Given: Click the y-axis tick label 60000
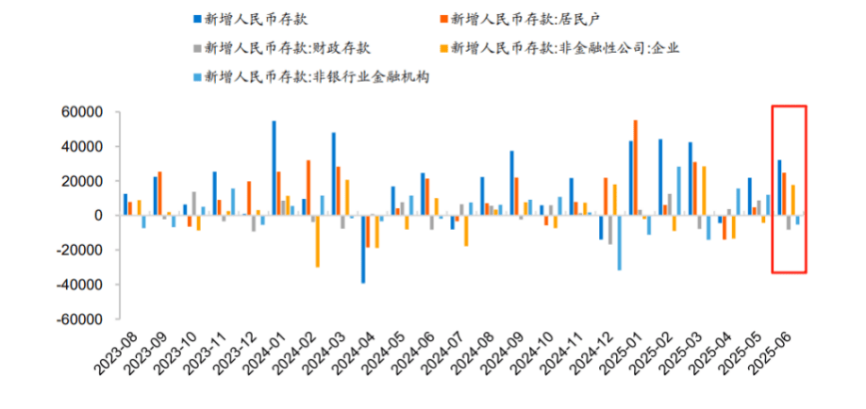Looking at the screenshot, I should point(82,112).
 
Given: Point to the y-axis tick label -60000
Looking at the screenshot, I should point(80,319).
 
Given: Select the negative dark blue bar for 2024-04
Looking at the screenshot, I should point(363,249).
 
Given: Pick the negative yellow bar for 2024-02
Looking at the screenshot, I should point(318,241).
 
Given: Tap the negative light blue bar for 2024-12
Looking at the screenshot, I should point(619,243).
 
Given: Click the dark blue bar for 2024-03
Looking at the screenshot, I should point(333,173).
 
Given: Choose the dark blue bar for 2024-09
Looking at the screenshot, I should point(511,183).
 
